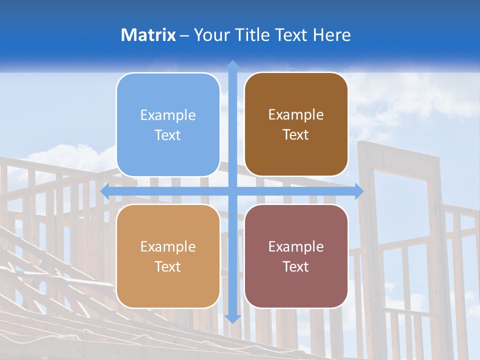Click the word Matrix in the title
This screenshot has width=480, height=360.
(x=148, y=35)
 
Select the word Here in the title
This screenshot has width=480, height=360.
(x=332, y=35)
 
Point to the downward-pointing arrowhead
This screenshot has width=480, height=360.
(x=232, y=318)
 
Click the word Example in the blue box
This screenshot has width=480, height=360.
(x=168, y=115)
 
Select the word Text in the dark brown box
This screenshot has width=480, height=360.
(x=296, y=135)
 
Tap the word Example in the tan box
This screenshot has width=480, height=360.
(x=168, y=247)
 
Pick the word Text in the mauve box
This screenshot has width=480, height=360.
(x=296, y=267)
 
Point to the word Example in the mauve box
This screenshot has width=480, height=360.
(x=296, y=247)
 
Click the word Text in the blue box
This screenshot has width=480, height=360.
(x=168, y=135)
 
